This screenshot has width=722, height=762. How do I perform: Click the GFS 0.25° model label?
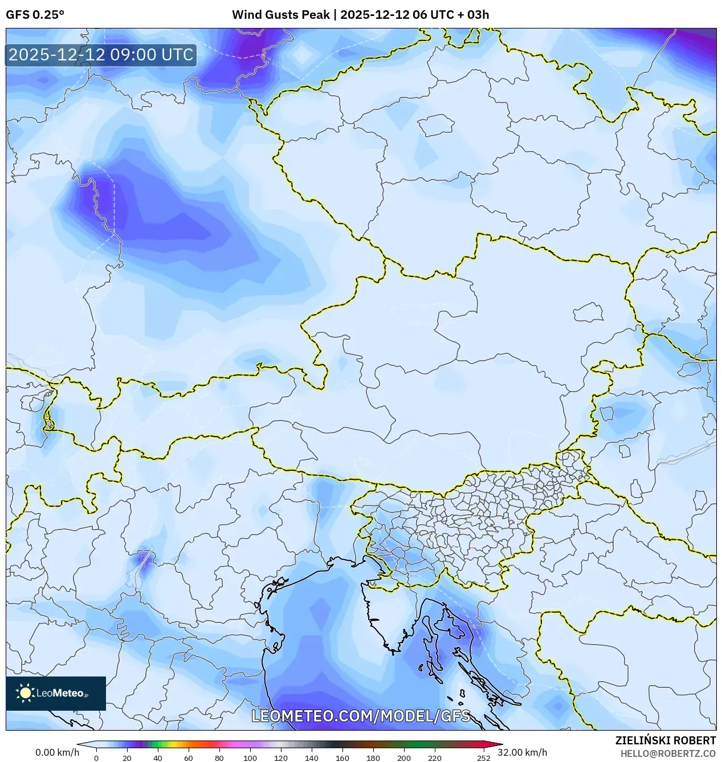point(35,15)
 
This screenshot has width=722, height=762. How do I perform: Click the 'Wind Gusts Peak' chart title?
point(280,15)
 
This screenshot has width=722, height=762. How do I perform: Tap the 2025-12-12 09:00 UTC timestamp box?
point(101,55)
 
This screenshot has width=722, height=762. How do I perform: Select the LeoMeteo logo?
point(56,693)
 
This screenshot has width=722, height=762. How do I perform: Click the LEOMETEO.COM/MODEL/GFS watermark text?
point(361,716)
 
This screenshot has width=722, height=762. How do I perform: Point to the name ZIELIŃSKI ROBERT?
point(665,740)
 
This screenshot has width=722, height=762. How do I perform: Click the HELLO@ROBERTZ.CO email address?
point(668,753)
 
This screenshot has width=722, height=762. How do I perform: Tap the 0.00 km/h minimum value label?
point(57,752)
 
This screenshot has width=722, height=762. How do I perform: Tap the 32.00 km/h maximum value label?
point(522,752)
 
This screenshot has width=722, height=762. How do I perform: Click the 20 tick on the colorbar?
point(127,758)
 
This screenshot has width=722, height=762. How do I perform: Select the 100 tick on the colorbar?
point(250,758)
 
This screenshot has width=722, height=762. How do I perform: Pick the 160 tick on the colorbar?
point(342,758)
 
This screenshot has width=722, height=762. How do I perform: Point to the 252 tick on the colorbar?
point(483,758)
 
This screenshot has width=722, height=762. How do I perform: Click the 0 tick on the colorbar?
point(96,758)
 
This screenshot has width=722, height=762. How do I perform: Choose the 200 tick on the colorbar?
point(403,758)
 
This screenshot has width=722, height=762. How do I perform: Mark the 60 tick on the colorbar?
point(188,758)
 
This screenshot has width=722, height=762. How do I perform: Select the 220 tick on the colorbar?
point(434,758)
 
